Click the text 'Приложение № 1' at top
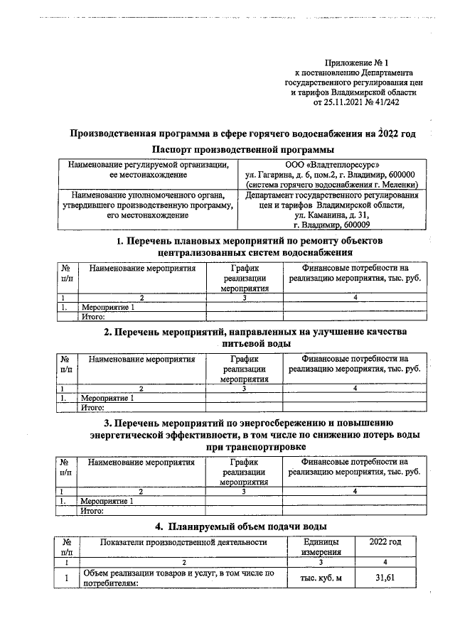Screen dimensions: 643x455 (355, 64)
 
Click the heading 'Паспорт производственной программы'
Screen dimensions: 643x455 (243, 149)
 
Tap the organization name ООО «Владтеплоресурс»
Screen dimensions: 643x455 (332, 165)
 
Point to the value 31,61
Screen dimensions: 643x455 (385, 578)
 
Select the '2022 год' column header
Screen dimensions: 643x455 (385, 542)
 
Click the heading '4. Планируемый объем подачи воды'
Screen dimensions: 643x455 (241, 526)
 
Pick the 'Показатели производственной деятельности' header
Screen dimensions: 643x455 (183, 542)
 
